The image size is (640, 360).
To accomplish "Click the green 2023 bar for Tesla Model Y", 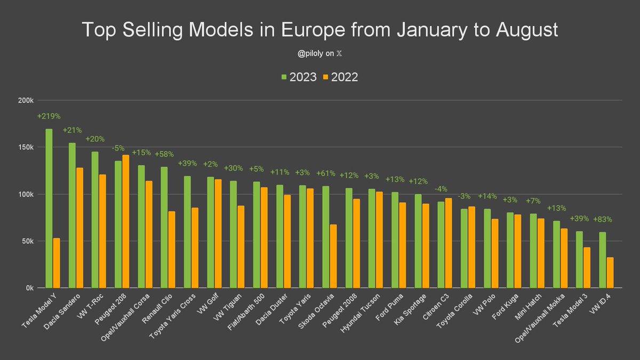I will click(x=49, y=208).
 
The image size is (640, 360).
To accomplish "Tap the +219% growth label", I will click(x=49, y=116).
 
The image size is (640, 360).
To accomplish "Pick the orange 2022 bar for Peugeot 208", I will click(x=126, y=221).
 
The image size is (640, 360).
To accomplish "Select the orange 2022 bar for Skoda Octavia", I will click(x=333, y=256).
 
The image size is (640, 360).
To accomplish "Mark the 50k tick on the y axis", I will click(x=28, y=241).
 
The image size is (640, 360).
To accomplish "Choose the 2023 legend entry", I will click(x=299, y=77).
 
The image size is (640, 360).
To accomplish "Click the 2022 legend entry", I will click(x=340, y=77).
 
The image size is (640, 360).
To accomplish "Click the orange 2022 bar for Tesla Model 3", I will click(x=587, y=267).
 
